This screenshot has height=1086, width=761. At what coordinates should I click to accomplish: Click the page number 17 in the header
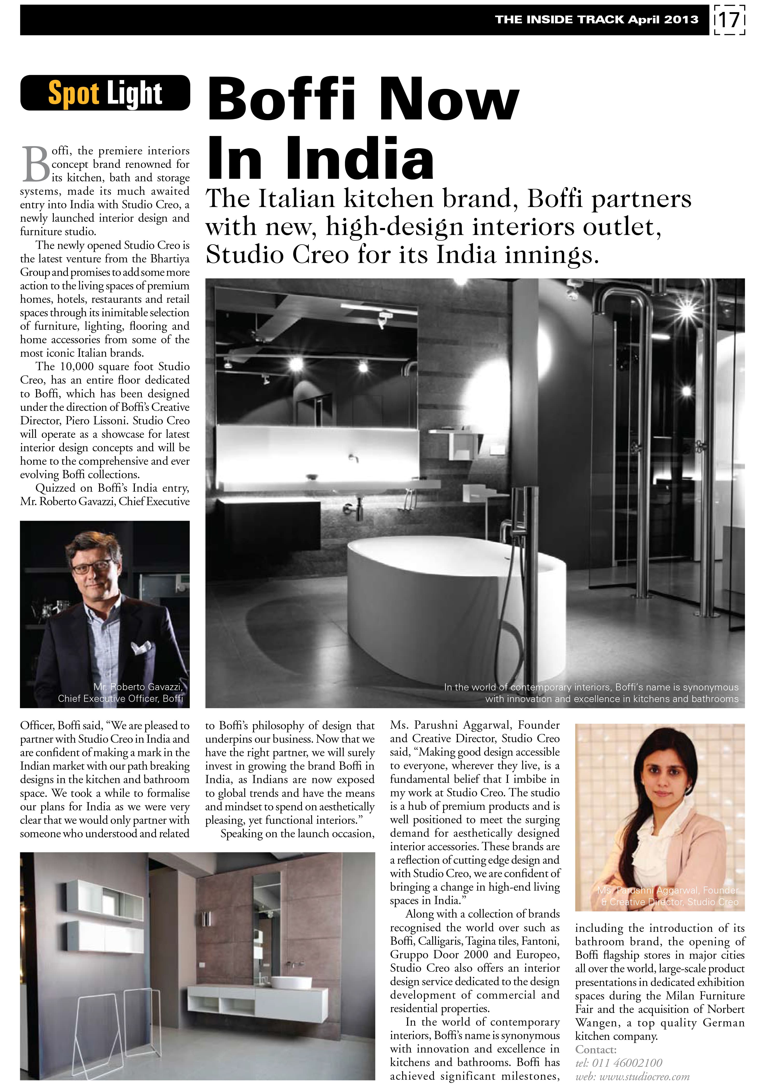pyautogui.click(x=729, y=20)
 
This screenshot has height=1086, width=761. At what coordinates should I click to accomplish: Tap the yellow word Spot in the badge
pyautogui.click(x=74, y=93)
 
